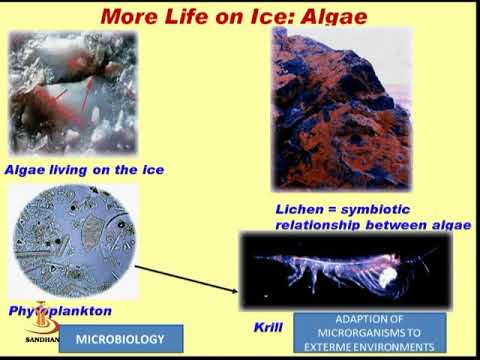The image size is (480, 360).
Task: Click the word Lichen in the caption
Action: [x=298, y=209]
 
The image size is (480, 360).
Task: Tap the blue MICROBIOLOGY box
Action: [x=124, y=340]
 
